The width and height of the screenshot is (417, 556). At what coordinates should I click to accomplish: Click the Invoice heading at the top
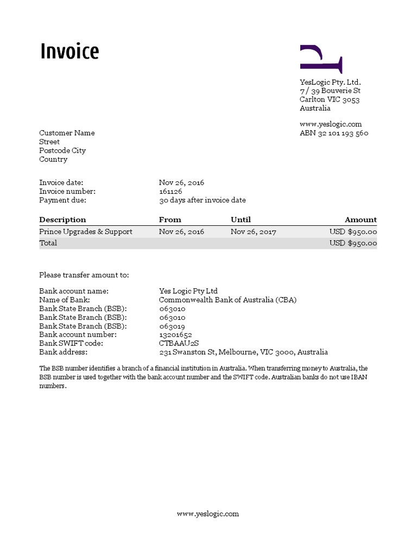point(69,52)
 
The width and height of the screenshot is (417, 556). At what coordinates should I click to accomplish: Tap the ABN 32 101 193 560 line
point(334,133)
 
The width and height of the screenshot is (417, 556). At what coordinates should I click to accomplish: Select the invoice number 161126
point(170,192)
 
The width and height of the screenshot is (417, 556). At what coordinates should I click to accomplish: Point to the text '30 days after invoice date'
point(202,200)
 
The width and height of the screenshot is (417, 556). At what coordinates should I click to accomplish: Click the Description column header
point(62,220)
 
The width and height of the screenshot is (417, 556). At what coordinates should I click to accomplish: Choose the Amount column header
point(361,220)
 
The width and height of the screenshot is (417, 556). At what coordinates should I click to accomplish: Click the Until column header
point(241,220)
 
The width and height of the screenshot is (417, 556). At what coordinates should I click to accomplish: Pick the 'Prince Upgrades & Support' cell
point(86,232)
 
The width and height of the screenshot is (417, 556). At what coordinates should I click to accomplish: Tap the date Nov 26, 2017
point(253,232)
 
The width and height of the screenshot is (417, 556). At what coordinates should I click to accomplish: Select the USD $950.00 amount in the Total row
point(353,243)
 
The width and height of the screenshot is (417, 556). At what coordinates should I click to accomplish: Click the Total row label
point(48,243)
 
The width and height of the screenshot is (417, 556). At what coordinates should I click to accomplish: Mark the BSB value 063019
point(172,326)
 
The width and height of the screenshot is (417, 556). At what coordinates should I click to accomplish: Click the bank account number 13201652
point(175,335)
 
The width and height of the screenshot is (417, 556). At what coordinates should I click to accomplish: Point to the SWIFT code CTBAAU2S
point(179,344)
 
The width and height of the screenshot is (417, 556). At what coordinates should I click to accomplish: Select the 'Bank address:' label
point(63,352)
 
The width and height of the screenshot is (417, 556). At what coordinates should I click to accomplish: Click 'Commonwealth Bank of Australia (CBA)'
point(228,300)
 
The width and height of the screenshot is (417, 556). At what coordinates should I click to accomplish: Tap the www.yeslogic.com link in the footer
point(208,514)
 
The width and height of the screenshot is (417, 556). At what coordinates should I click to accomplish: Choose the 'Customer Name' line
point(67,133)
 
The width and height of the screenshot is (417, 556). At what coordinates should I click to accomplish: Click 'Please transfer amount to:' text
point(84,275)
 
